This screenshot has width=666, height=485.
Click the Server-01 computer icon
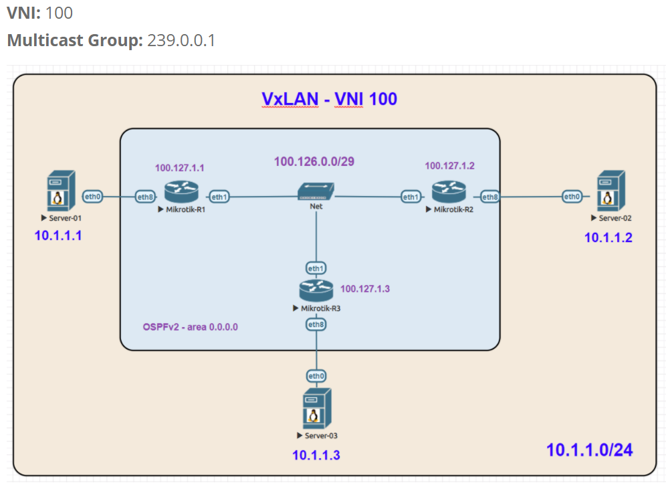pyautogui.click(x=61, y=192)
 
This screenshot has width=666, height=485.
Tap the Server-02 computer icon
pyautogui.click(x=610, y=192)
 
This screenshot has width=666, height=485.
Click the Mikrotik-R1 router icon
pyautogui.click(x=181, y=193)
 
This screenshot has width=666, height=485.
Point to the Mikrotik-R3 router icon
pyautogui.click(x=316, y=290)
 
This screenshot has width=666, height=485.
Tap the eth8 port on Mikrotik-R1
pyautogui.click(x=146, y=197)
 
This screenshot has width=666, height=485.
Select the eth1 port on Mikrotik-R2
pyautogui.click(x=411, y=197)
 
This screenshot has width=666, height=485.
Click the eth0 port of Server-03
pyautogui.click(x=316, y=376)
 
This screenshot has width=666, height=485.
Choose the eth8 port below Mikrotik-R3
pyautogui.click(x=316, y=324)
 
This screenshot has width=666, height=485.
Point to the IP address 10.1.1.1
pyautogui.click(x=58, y=235)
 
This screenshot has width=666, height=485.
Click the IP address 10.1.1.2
pyautogui.click(x=608, y=237)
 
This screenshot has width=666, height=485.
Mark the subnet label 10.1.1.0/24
pyautogui.click(x=589, y=450)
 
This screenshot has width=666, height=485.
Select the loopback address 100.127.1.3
pyautogui.click(x=365, y=289)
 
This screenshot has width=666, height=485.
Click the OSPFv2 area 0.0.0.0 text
pyautogui.click(x=191, y=327)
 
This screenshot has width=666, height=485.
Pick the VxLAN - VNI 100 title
pyautogui.click(x=329, y=100)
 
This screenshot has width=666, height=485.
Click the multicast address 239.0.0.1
pyautogui.click(x=181, y=41)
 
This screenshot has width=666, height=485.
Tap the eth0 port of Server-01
pyautogui.click(x=93, y=197)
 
